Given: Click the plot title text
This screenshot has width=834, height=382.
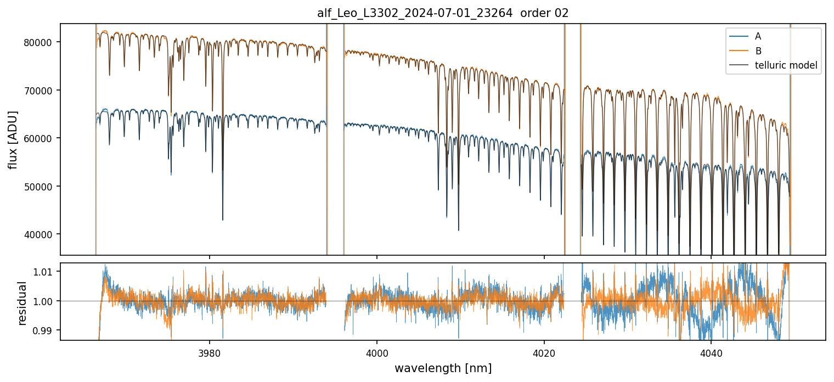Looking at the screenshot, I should pyautogui.click(x=443, y=14).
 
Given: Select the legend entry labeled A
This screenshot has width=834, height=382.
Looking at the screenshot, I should pyautogui.click(x=758, y=36).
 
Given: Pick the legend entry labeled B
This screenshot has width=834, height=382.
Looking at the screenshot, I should pyautogui.click(x=758, y=50).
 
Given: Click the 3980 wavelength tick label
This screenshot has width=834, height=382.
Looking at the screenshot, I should pyautogui.click(x=210, y=351).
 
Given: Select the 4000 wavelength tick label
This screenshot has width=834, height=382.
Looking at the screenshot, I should pyautogui.click(x=377, y=351).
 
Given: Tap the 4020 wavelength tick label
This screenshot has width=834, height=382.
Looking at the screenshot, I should pyautogui.click(x=544, y=351).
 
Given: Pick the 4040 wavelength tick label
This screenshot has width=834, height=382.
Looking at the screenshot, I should pyautogui.click(x=711, y=351).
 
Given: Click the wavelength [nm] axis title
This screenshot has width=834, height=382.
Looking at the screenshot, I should pyautogui.click(x=443, y=368).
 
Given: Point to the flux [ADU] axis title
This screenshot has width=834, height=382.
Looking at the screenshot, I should pyautogui.click(x=13, y=139).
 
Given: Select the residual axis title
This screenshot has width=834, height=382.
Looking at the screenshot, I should pyautogui.click(x=22, y=303).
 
